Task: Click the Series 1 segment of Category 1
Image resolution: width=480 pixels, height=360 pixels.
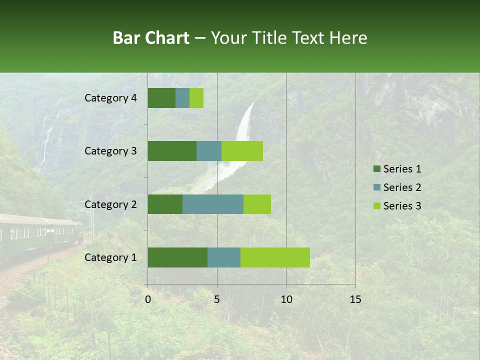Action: pos(177,257)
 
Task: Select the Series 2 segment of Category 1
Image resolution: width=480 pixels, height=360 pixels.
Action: pos(224,257)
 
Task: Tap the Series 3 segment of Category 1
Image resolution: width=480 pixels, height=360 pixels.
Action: pos(275,257)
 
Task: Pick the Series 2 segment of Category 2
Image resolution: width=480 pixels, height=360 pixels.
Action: pos(213,204)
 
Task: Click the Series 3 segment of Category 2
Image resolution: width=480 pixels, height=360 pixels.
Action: pos(257,204)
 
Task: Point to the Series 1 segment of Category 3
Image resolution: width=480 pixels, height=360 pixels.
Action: pos(172,151)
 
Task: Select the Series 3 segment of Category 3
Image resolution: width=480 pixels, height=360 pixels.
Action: pos(242,151)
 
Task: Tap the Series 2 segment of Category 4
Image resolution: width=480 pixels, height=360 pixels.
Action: pos(182,98)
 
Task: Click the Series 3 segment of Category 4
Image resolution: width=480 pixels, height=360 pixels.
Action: pos(196,98)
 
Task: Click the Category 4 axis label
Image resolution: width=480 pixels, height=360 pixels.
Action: pos(110,98)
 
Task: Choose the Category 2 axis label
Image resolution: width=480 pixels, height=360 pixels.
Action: pos(110,204)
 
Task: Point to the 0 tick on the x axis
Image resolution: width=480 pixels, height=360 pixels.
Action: pos(148,299)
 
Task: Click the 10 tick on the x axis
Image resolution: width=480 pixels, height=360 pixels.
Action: pos(286,299)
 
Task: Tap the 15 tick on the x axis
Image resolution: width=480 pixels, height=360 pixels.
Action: pos(355,299)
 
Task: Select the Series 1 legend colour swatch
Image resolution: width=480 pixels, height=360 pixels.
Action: pos(376,169)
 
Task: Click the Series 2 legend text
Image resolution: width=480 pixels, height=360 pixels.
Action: pos(402,187)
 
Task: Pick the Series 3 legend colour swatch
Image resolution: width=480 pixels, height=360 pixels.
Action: pos(376,206)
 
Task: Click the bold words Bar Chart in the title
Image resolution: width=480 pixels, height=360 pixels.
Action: pos(151,38)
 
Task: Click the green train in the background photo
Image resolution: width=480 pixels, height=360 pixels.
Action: pos(40,235)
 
